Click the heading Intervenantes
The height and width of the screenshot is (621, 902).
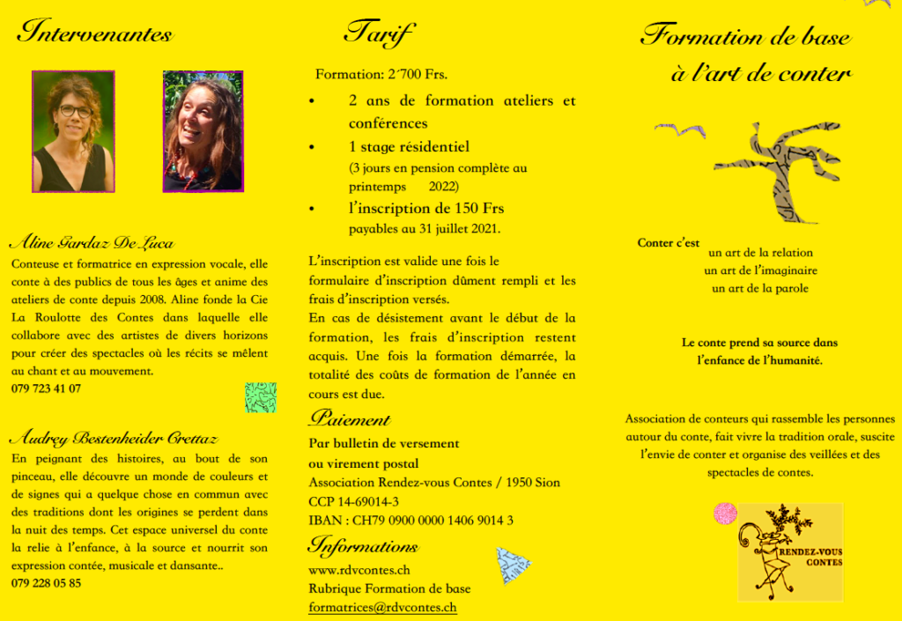pos(95,33)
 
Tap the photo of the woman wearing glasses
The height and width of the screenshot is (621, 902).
pos(73,131)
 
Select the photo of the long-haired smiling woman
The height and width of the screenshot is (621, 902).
pos(203,131)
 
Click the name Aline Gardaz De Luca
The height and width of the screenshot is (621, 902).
pos(92,243)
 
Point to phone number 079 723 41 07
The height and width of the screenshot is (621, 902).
pos(46,388)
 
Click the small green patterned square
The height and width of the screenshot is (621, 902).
pos(260,397)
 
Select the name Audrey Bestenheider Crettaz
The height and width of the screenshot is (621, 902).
pos(114,438)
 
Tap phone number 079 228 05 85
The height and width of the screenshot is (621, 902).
pos(46,583)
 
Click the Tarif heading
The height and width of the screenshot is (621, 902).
pos(379,33)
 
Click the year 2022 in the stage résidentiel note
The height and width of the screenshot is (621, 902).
pos(444,187)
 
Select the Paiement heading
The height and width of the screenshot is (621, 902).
pos(350,419)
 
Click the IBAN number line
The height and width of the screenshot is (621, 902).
pos(410,520)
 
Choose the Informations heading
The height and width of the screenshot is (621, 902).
pos(363,546)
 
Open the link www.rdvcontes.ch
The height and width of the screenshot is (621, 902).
pos(359,570)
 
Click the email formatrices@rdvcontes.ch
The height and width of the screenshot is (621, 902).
pos(382,607)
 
